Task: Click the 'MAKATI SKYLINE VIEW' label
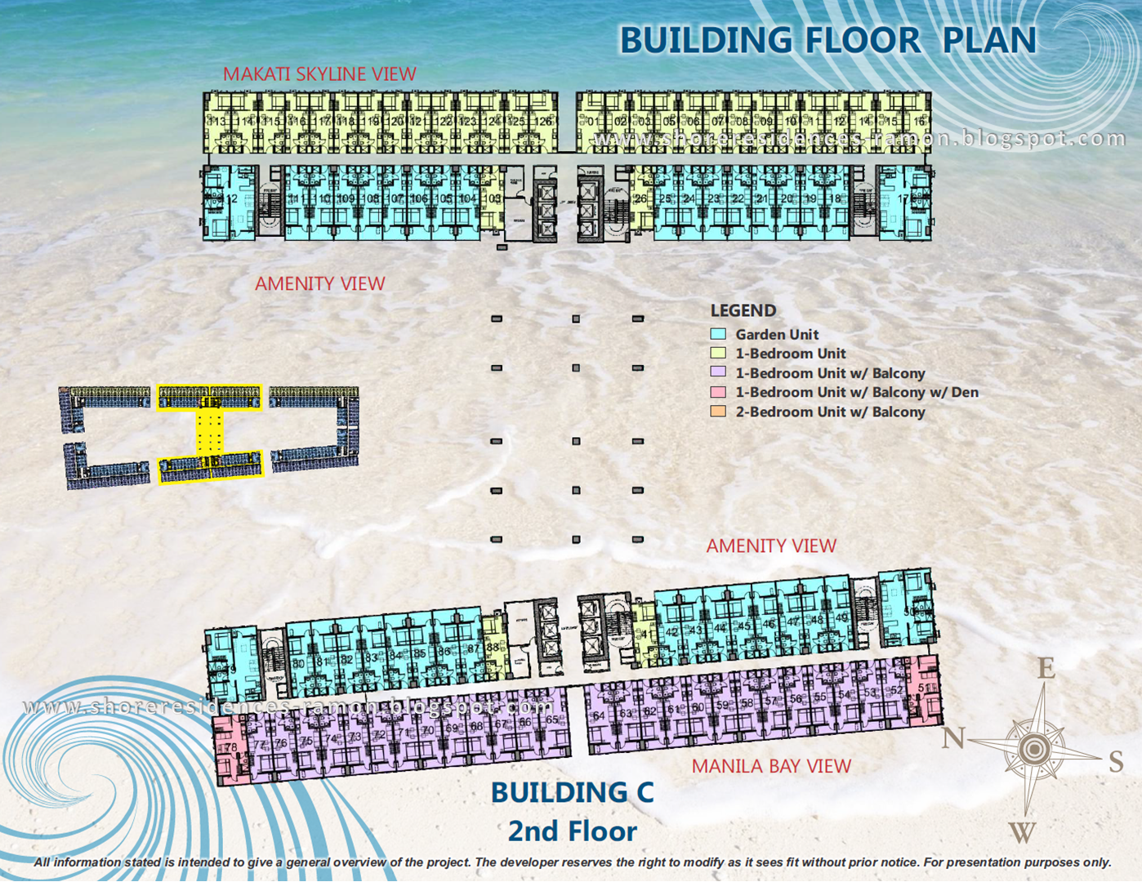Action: [x=319, y=74]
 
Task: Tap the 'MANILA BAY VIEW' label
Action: [x=771, y=766]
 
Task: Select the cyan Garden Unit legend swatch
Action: [x=718, y=334]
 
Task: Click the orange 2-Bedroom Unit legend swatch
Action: [x=718, y=412]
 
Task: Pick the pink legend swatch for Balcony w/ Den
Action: [x=718, y=392]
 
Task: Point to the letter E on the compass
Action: [x=1046, y=669]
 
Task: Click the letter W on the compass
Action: [x=1022, y=832]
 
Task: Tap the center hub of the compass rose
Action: [x=1035, y=748]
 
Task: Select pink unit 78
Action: [x=230, y=747]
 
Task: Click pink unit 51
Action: [x=924, y=689]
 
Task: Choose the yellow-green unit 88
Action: [x=493, y=647]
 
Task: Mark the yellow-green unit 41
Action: [x=645, y=634]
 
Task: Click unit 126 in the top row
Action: [x=542, y=122]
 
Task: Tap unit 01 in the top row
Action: [x=592, y=122]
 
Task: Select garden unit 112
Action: [x=231, y=198]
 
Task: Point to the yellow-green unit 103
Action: [x=493, y=198]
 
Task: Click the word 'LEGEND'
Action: [x=743, y=310]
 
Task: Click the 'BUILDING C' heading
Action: [x=572, y=792]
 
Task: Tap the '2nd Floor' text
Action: [x=572, y=831]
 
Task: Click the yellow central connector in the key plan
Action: [x=209, y=432]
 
